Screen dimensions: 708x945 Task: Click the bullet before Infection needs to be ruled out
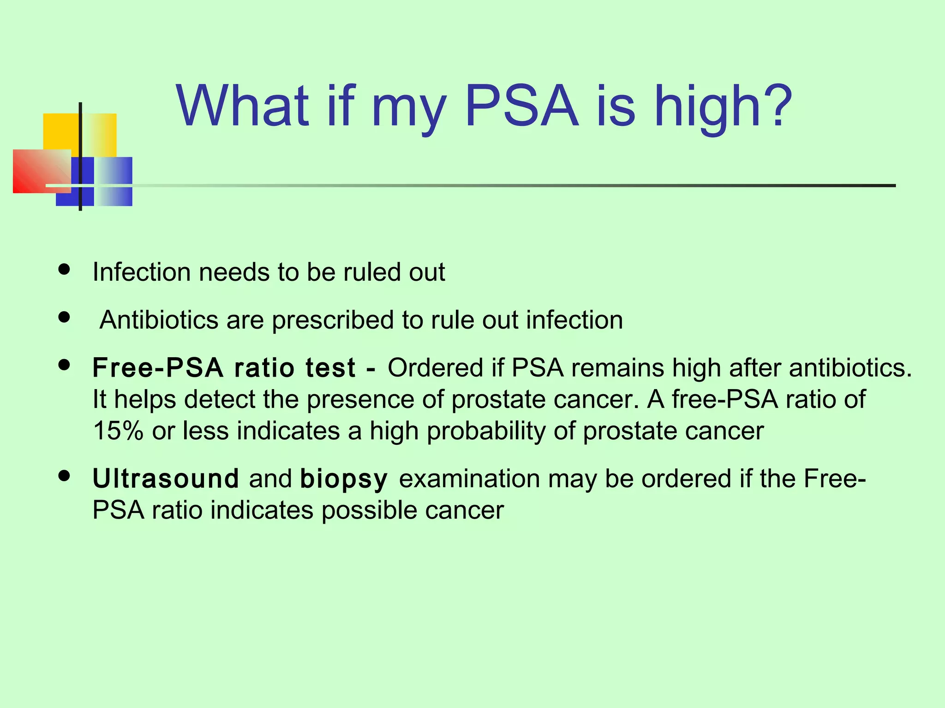(64, 269)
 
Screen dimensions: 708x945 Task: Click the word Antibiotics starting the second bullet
(159, 320)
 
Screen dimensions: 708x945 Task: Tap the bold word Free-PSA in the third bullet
(158, 368)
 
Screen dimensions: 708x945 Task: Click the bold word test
(330, 368)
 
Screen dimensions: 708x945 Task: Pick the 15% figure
(118, 431)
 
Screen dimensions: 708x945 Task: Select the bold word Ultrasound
(165, 478)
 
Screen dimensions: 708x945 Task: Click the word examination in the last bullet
(469, 478)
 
